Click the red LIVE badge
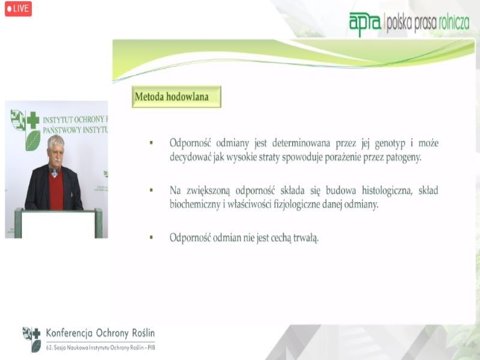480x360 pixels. point(18,8)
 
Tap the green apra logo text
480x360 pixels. point(365,23)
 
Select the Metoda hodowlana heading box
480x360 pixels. point(176,97)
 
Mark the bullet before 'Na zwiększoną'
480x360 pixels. point(151,190)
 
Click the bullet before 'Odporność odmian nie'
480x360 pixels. point(151,237)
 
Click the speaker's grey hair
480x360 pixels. point(55,142)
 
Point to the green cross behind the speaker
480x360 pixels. point(33,121)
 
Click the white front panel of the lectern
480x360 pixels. point(58,224)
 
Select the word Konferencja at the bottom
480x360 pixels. point(69,334)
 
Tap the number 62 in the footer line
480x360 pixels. point(49,348)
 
